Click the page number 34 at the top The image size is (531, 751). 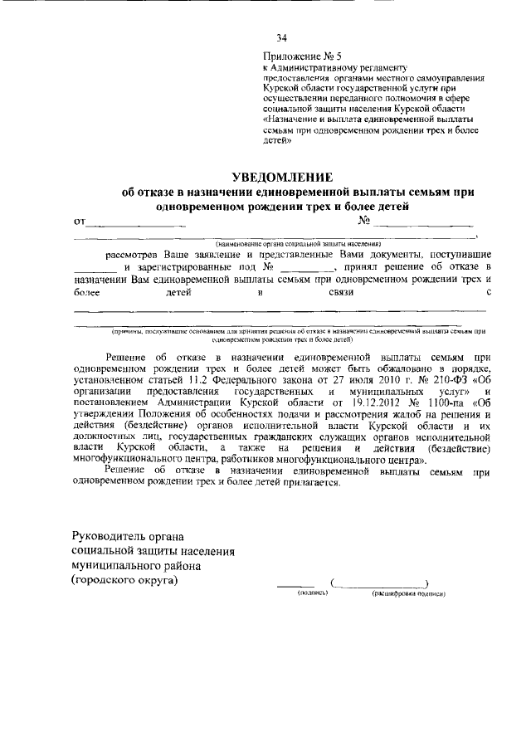pos(281,37)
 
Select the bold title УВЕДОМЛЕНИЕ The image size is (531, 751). pos(282,178)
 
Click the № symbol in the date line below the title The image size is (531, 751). pos(363,221)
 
